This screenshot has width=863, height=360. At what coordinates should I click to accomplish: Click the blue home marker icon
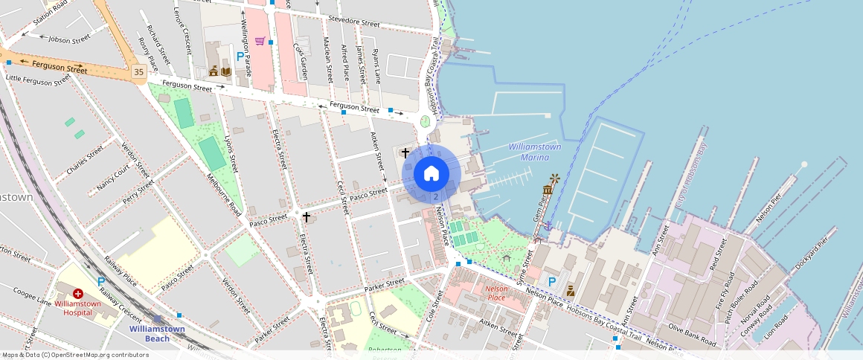pyautogui.click(x=431, y=174)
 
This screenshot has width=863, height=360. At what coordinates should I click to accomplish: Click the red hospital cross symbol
pyautogui.click(x=77, y=295)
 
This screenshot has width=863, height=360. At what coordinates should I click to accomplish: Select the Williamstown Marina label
pyautogui.click(x=534, y=152)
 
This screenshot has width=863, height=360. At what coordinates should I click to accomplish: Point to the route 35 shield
pyautogui.click(x=138, y=72)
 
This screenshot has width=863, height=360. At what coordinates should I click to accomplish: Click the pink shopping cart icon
pyautogui.click(x=260, y=41)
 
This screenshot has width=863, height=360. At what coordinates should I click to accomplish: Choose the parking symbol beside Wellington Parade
pyautogui.click(x=240, y=56)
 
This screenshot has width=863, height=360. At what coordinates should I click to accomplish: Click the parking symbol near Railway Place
pyautogui.click(x=101, y=282)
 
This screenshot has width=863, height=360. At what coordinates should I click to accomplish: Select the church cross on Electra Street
pyautogui.click(x=306, y=216)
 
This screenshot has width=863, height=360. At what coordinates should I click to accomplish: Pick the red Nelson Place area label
pyautogui.click(x=495, y=292)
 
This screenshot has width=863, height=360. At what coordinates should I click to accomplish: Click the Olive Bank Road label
pyautogui.click(x=692, y=334)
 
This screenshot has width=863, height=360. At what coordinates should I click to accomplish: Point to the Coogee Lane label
pyautogui.click(x=33, y=302)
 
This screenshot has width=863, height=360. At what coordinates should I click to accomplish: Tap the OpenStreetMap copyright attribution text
pyautogui.click(x=76, y=355)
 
